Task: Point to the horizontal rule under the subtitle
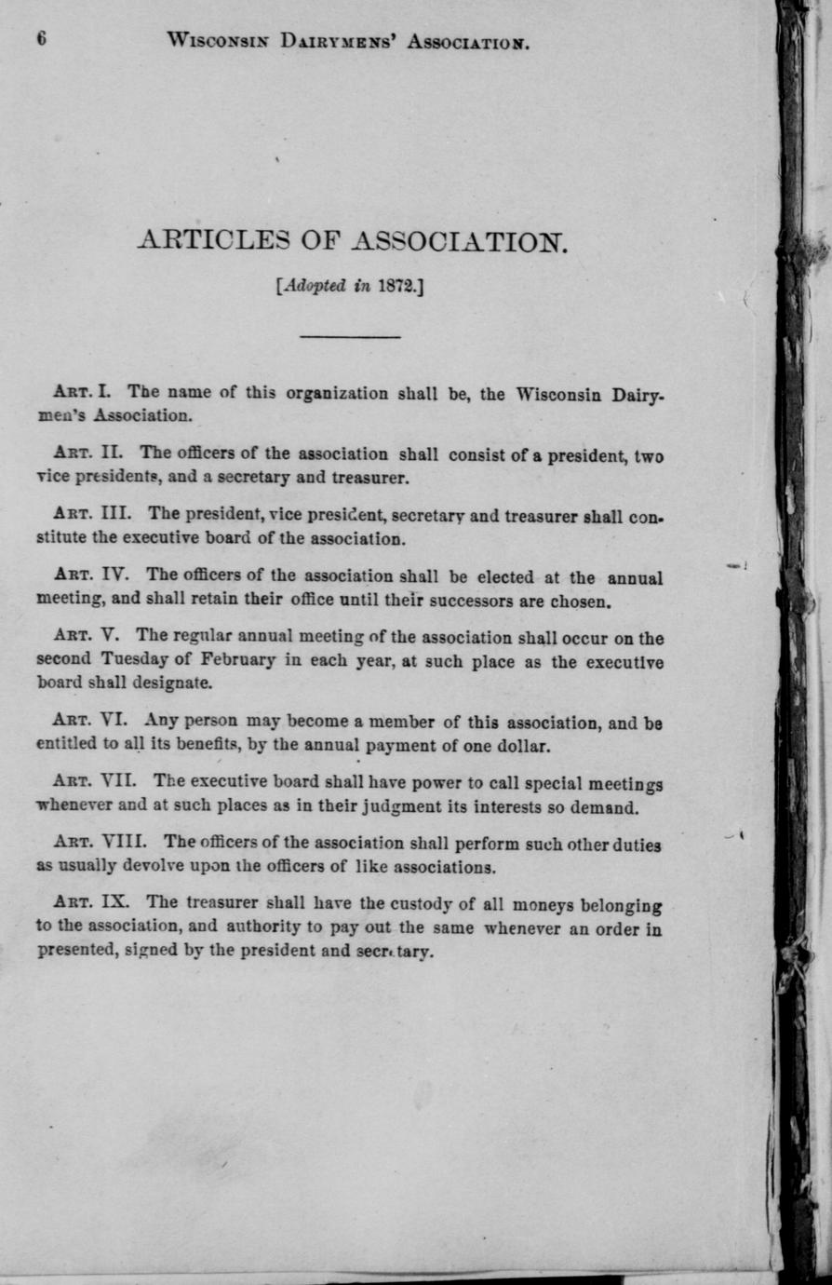click(350, 336)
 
